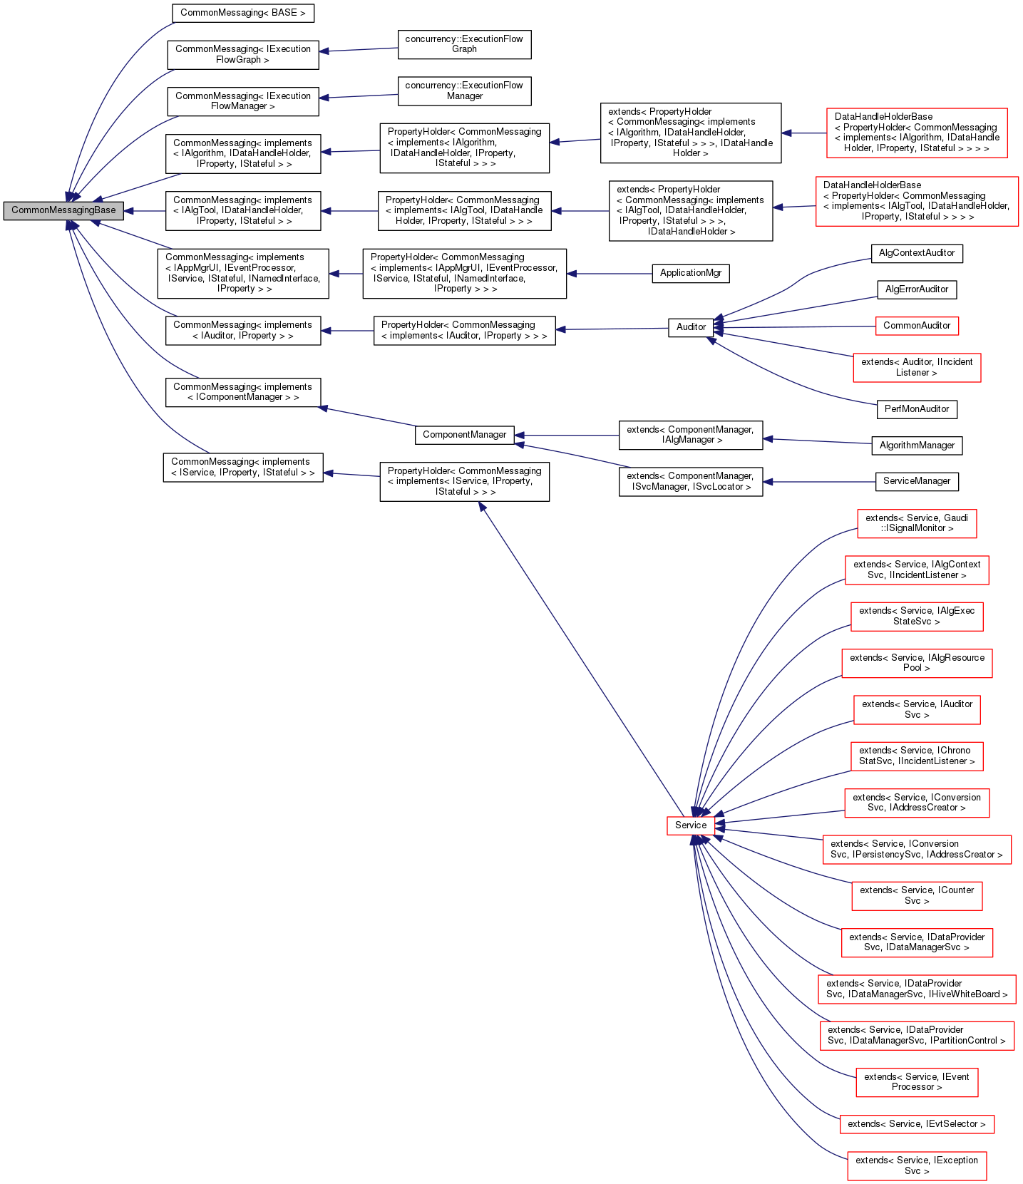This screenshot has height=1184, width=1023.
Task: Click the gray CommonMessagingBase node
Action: (63, 210)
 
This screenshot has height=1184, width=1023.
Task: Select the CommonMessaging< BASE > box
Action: (242, 13)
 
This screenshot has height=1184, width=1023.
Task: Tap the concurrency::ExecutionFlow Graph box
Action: (464, 44)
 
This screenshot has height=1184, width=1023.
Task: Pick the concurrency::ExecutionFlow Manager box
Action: (464, 91)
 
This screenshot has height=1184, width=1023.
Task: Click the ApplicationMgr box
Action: (690, 273)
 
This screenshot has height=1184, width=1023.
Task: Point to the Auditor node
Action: (691, 327)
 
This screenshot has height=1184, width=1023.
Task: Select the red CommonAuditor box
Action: (916, 326)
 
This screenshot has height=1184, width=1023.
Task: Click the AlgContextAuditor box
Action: (916, 253)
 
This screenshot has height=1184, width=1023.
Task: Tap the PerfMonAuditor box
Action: (916, 409)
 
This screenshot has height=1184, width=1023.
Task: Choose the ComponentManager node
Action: (464, 435)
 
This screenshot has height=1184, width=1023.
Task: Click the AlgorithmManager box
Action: (916, 446)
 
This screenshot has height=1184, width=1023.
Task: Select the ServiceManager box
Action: (916, 481)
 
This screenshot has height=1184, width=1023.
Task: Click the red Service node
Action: (690, 825)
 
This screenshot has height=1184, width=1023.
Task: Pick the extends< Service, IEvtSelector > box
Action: (916, 1124)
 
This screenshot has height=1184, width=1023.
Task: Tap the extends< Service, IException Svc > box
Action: (916, 1165)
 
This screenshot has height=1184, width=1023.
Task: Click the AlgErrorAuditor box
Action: (916, 289)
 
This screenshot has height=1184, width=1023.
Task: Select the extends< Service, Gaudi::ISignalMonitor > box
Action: (916, 523)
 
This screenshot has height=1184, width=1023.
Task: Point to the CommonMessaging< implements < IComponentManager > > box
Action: (242, 392)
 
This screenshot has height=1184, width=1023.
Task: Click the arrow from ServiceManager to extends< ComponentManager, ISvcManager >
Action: (820, 482)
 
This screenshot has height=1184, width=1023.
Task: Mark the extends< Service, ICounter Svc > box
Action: (916, 895)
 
